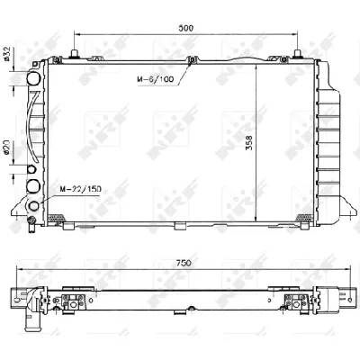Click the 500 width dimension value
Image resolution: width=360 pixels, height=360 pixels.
pyautogui.click(x=186, y=28)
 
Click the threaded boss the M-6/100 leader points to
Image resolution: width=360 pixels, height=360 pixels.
pyautogui.click(x=192, y=60)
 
